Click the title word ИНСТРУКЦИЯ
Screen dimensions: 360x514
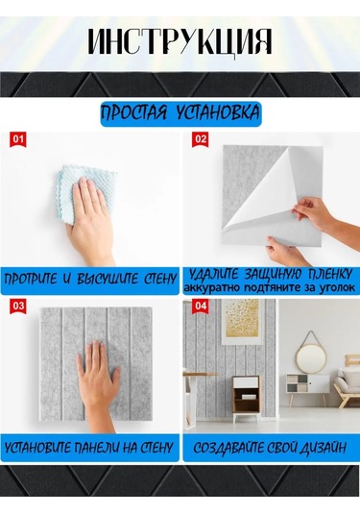tap(180, 42)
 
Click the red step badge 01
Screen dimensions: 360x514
tap(18, 140)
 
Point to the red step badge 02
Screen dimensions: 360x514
tap(201, 140)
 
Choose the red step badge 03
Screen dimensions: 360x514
tap(18, 306)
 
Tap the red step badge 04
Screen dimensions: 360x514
tap(201, 306)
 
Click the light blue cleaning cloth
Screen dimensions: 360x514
tap(86, 193)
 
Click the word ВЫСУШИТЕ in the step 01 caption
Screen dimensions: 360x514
tap(108, 280)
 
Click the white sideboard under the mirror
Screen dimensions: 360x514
tap(307, 385)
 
